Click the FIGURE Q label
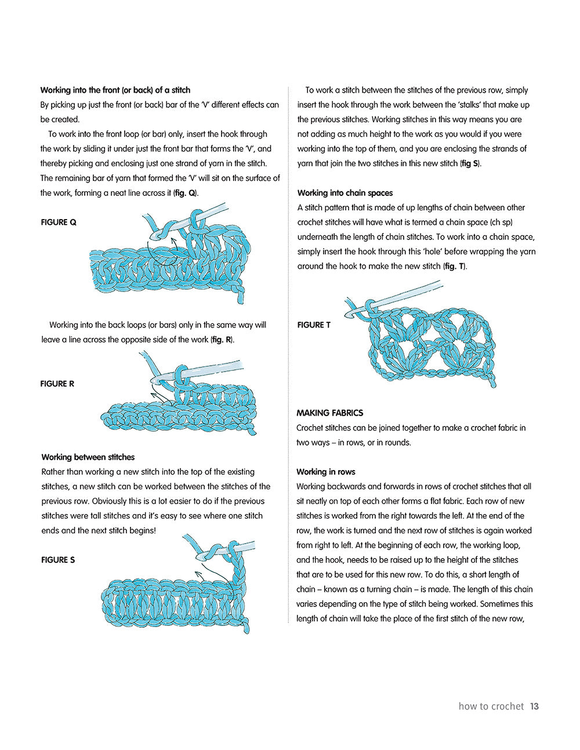tap(59, 222)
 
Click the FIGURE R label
tap(57, 384)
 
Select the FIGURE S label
tap(58, 560)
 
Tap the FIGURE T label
tap(314, 325)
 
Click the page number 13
tap(534, 706)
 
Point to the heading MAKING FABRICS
tap(329, 413)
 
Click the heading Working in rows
tap(325, 472)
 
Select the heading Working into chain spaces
tap(345, 193)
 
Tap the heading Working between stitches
tap(88, 457)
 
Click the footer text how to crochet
tap(491, 706)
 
